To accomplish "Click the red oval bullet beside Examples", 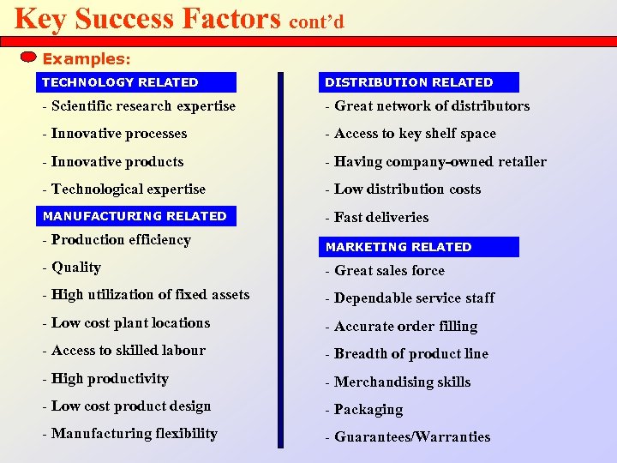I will click(x=28, y=57).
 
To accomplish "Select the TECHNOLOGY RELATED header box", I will click(x=136, y=82).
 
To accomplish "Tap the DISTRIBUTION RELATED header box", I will click(x=419, y=82).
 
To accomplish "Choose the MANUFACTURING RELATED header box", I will click(x=136, y=216).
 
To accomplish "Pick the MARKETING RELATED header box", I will click(x=419, y=247).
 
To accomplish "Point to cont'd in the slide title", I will click(x=316, y=21).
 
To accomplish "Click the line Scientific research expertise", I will click(x=138, y=106).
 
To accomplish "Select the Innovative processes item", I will click(x=114, y=134).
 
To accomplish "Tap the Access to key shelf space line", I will click(x=410, y=134).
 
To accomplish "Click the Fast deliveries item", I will click(x=376, y=218).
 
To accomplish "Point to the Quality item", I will click(x=71, y=268).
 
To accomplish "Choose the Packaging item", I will click(x=363, y=410).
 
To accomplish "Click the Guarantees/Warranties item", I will click(x=407, y=437).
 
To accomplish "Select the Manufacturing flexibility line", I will click(x=129, y=434).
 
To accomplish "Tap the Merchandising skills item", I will click(x=398, y=382).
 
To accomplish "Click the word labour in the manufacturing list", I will click(x=183, y=351).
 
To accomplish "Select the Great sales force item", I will click(x=385, y=271).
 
